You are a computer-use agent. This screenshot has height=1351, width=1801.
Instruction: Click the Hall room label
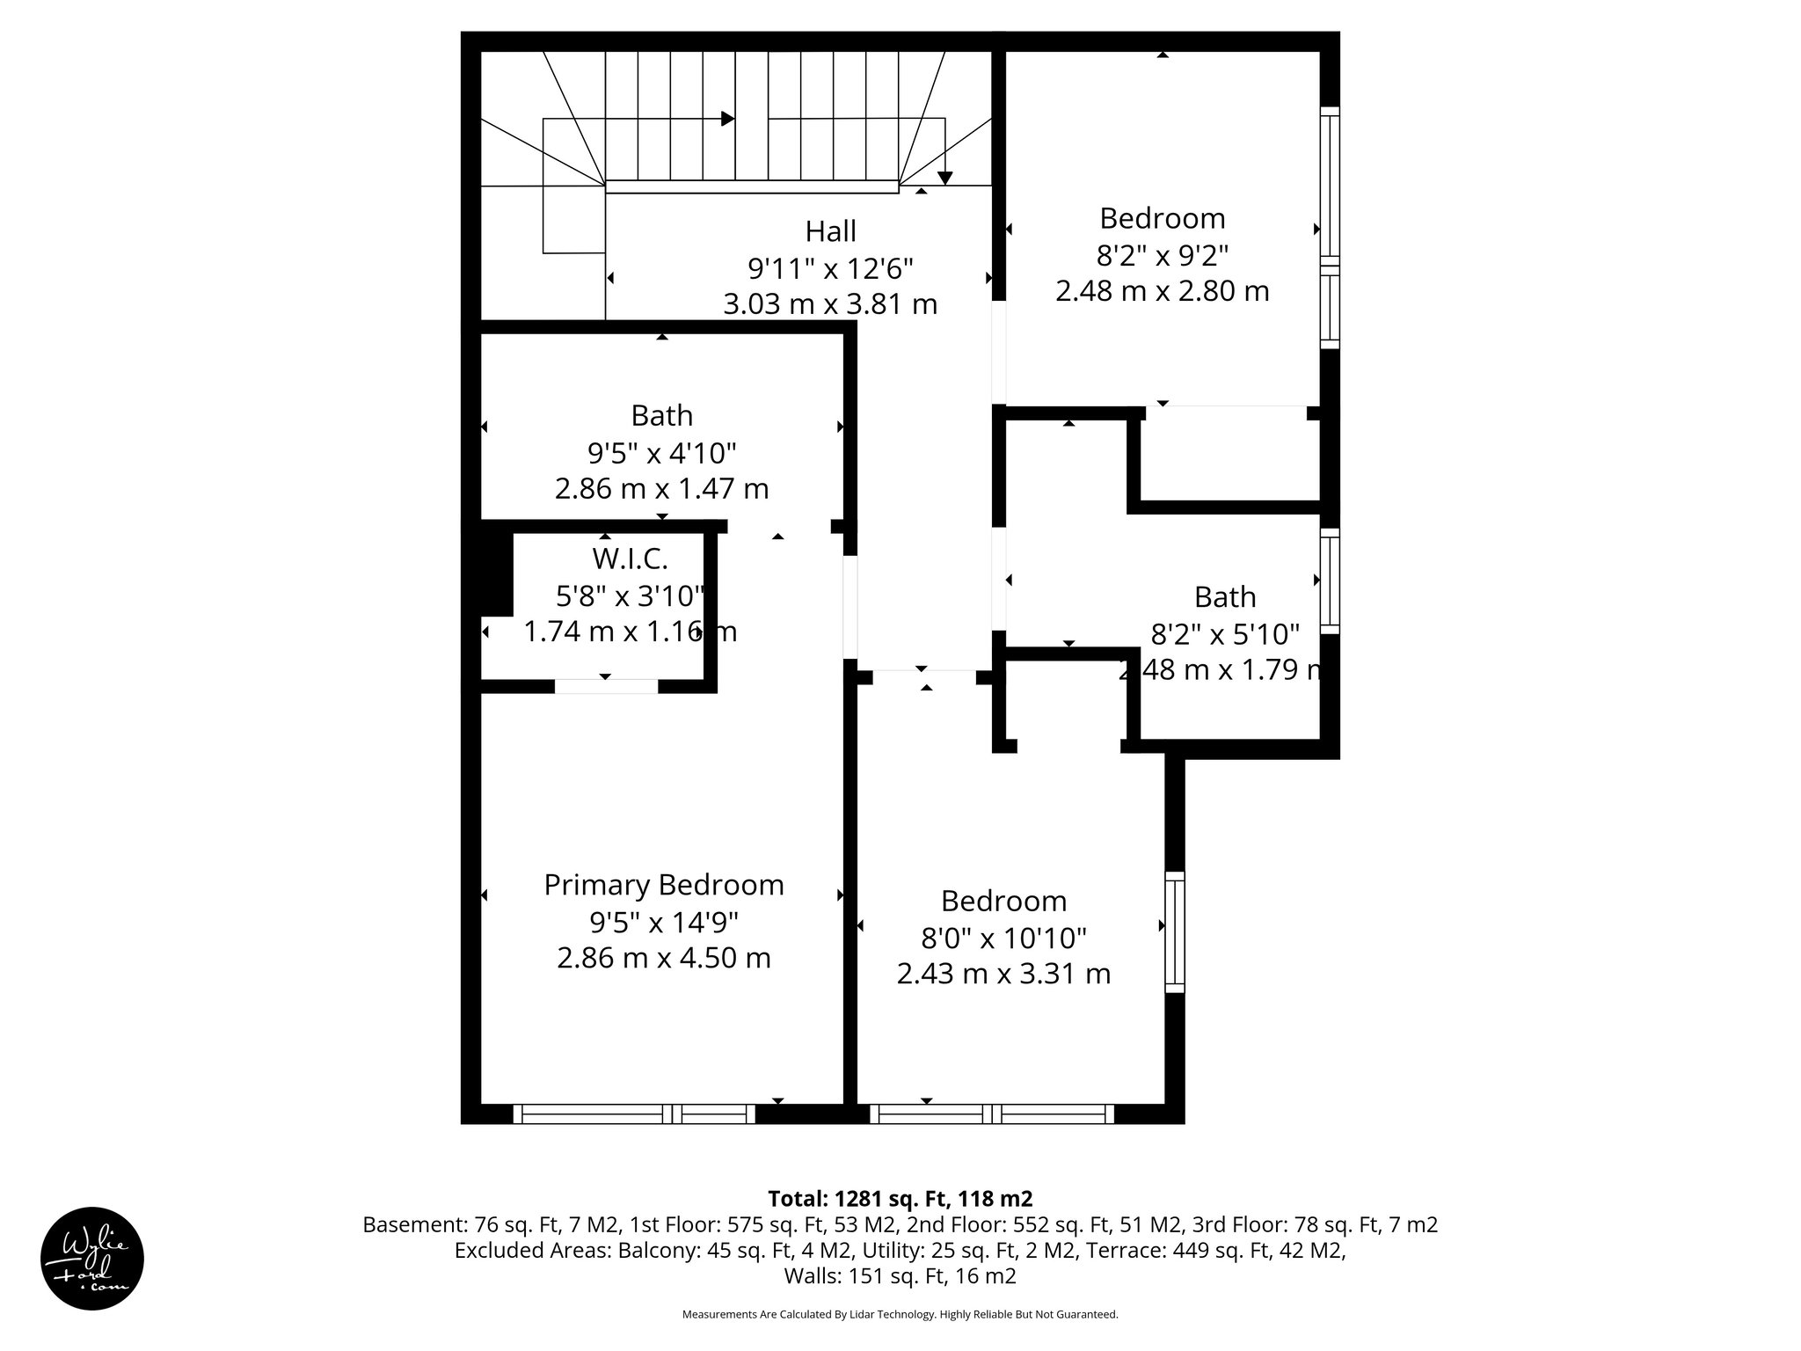[x=830, y=231]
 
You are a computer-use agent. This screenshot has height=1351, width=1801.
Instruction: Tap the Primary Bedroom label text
[x=664, y=885]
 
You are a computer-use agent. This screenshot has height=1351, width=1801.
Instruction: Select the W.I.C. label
[x=630, y=558]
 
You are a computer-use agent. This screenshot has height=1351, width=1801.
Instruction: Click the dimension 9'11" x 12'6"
[x=830, y=267]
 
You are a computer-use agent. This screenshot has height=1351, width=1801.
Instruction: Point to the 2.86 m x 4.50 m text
[x=664, y=958]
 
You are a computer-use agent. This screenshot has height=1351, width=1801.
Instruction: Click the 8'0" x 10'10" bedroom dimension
[x=1003, y=938]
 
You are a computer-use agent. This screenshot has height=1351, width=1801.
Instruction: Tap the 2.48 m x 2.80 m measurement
[x=1162, y=291]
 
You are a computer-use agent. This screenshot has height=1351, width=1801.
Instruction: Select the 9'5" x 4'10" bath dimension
[x=661, y=453]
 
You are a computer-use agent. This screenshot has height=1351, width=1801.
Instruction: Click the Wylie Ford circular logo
[x=92, y=1258]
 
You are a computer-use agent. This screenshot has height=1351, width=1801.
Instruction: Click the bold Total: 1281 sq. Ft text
[x=900, y=1198]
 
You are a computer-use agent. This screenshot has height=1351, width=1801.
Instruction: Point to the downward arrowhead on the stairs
[x=944, y=178]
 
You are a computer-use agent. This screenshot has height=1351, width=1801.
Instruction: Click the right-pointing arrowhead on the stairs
[x=727, y=119]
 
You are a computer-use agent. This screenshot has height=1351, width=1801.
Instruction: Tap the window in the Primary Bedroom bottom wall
[x=633, y=1114]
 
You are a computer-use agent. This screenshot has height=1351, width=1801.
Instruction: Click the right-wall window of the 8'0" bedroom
[x=1174, y=931]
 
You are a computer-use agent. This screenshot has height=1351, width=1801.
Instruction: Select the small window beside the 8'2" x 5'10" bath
[x=1330, y=581]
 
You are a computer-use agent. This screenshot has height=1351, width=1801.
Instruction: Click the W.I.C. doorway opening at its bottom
[x=606, y=686]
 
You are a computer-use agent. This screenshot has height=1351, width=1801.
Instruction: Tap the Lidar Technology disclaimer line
[x=900, y=1314]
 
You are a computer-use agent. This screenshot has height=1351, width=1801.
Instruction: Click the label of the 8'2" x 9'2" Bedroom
[x=1162, y=218]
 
